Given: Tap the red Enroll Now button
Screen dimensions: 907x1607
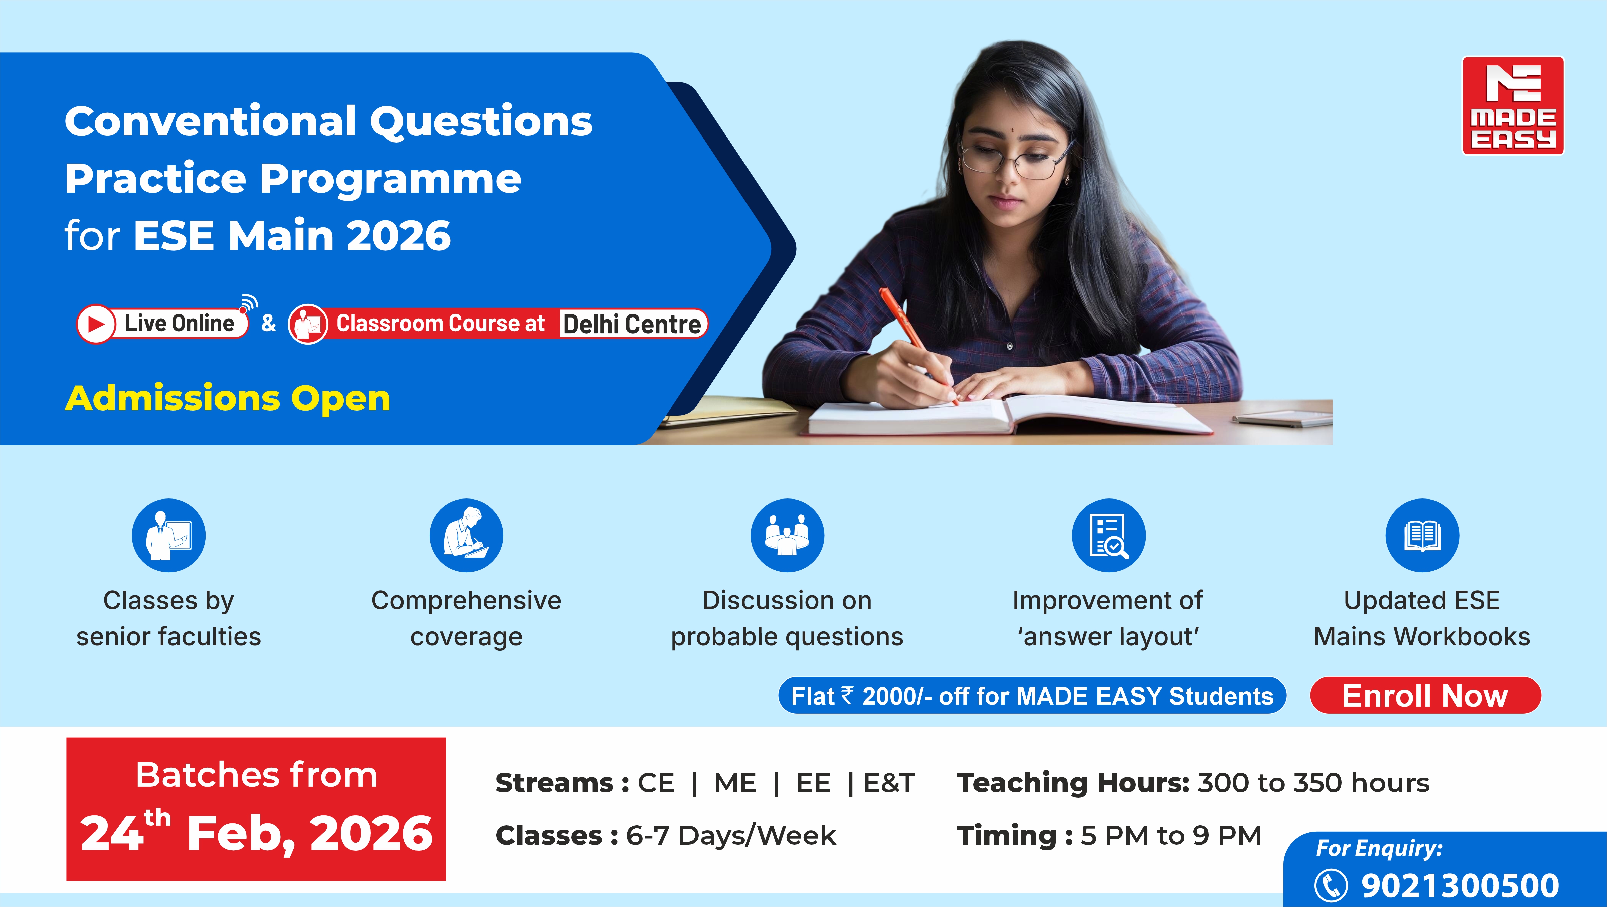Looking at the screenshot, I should pos(1425,695).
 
